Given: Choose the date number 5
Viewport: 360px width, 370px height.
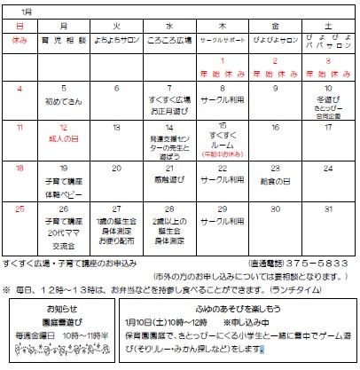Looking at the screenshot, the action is (65, 89).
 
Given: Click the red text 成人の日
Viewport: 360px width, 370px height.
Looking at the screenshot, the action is (64, 139).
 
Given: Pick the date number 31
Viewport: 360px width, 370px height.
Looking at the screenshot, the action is (329, 209).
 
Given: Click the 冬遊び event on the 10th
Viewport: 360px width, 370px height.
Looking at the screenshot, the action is (327, 99).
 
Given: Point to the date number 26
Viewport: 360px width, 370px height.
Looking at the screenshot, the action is (65, 209).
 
